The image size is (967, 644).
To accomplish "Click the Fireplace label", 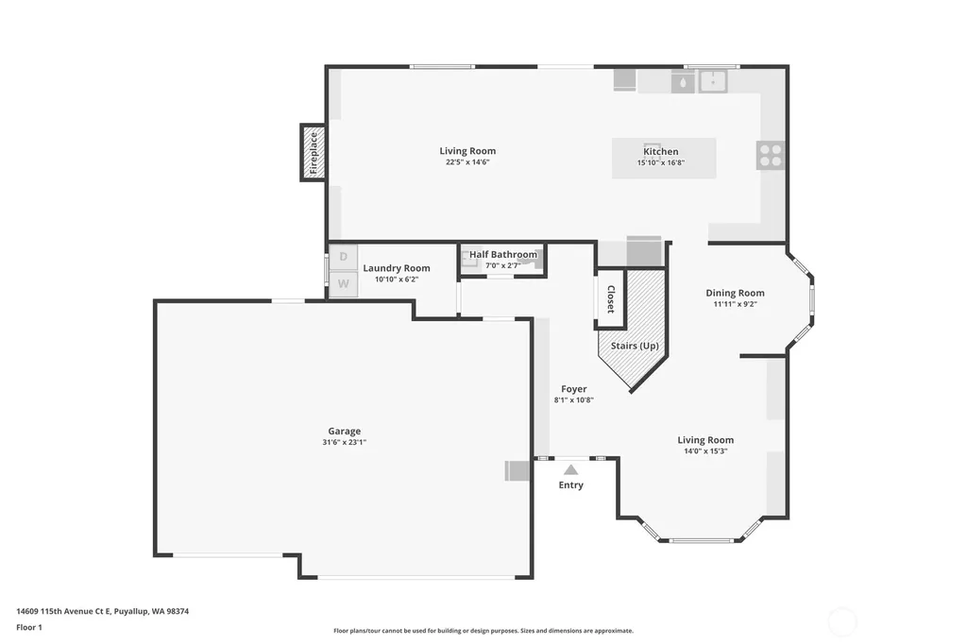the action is point(314,152).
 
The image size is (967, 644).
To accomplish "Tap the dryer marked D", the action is point(343,257).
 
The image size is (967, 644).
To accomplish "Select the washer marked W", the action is point(343,283).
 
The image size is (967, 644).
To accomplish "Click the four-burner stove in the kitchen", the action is point(771,155).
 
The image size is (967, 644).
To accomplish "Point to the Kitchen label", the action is point(660,151).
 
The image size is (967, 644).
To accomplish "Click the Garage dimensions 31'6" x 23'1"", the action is point(344,442).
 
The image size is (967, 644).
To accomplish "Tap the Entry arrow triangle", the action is point(571,470).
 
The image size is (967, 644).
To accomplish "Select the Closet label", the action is point(611,299).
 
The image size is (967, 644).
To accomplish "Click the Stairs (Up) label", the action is point(635,346).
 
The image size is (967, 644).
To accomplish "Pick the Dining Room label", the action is point(735,293).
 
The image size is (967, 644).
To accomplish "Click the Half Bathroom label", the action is point(503,254).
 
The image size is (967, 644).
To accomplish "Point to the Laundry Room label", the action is point(397,268).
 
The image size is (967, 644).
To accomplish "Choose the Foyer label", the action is point(573,389).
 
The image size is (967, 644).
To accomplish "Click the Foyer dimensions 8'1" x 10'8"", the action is point(573,399).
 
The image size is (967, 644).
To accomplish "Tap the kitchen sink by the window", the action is point(713,81).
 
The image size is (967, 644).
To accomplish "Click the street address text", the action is point(102,611).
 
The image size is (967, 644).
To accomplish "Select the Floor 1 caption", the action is point(29,627).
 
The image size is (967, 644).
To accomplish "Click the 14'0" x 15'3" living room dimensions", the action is point(705,451).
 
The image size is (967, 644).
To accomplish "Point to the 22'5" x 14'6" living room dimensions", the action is point(467,162).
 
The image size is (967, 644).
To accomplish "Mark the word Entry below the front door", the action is point(571,484).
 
